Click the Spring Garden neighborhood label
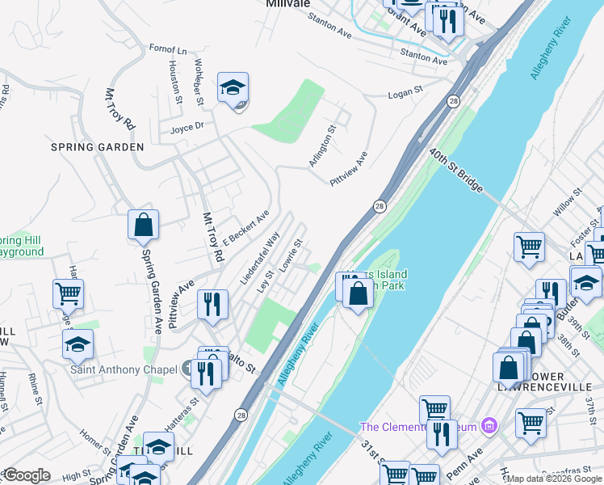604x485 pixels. [97, 147]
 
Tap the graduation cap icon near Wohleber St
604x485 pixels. [233, 88]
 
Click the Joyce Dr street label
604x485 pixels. [187, 126]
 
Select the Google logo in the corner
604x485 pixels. [27, 475]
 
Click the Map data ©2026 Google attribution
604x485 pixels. [554, 479]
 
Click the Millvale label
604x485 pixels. [288, 4]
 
